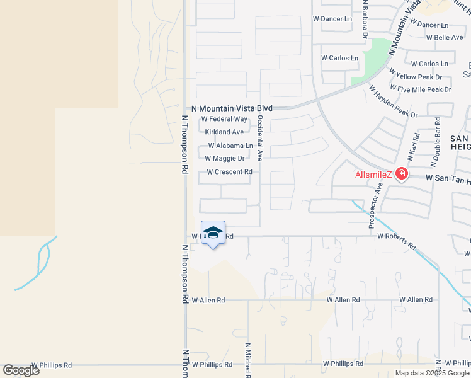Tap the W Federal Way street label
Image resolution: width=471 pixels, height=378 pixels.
coord(224,119)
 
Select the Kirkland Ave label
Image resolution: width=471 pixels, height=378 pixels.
coord(224,132)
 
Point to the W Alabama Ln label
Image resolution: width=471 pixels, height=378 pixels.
coord(230,146)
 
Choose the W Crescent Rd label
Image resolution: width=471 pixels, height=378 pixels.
coord(229,172)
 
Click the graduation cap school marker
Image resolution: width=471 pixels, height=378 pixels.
coord(213,232)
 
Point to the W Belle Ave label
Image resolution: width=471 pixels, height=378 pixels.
coord(445,38)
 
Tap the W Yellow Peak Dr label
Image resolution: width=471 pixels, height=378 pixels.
coord(416,77)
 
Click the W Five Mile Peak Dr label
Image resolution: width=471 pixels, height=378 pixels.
coord(421,89)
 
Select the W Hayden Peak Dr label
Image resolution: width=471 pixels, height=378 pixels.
coord(393,101)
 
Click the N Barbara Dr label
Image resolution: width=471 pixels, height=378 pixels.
coord(364,20)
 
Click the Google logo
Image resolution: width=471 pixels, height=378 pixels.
coord(21,370)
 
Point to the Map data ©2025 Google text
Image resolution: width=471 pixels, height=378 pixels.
coord(431,373)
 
